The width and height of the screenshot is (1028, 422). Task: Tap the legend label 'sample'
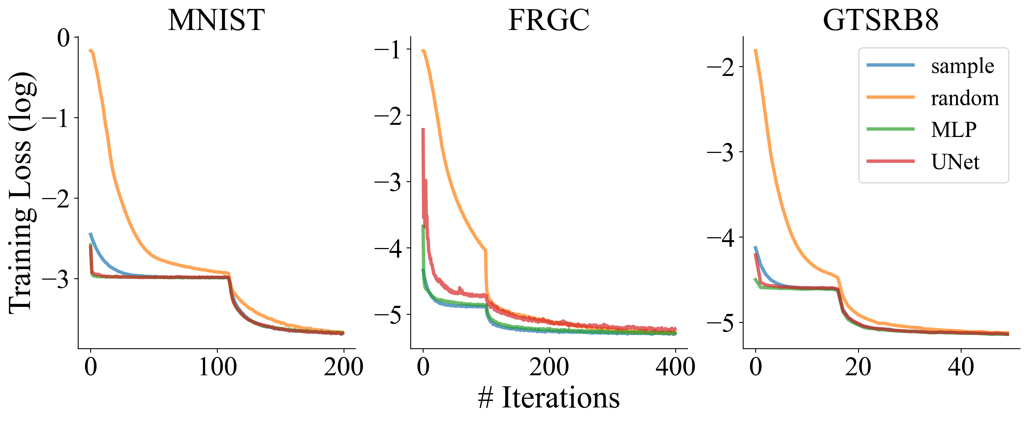pyautogui.click(x=962, y=66)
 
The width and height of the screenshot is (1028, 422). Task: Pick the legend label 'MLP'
pyautogui.click(x=954, y=130)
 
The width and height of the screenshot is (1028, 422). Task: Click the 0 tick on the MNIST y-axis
pyautogui.click(x=63, y=38)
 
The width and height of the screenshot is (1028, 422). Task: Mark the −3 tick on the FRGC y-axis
pyautogui.click(x=388, y=182)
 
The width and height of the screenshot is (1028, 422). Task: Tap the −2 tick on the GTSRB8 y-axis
pyautogui.click(x=720, y=67)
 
